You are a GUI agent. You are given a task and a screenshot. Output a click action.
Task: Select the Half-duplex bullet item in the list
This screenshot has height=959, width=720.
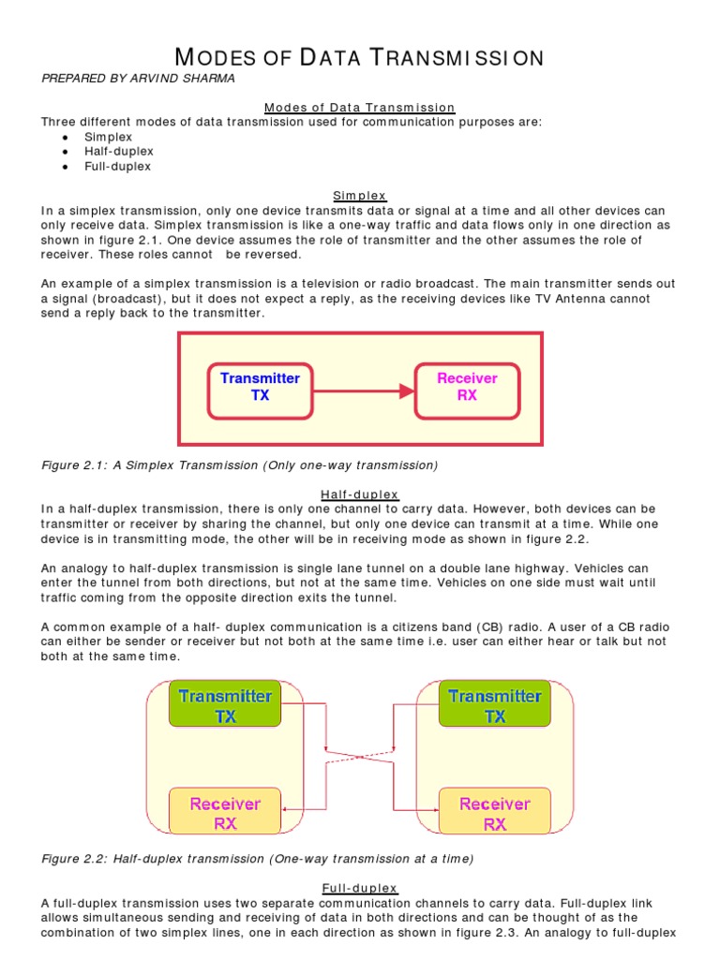118,151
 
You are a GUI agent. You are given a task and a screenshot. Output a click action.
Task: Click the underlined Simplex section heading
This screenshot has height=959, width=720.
360,195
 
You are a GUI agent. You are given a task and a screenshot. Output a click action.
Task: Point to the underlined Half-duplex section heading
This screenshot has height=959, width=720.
360,494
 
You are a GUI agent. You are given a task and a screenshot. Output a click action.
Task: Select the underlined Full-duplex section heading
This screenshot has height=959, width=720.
360,888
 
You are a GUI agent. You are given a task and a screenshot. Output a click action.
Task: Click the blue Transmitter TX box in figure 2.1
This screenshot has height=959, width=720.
260,387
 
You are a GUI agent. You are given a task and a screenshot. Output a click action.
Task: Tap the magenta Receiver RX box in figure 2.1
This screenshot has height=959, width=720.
467,387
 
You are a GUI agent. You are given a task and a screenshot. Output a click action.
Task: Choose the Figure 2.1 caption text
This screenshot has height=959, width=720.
240,465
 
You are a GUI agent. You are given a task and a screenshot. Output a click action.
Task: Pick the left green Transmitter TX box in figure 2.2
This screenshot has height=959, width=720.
225,705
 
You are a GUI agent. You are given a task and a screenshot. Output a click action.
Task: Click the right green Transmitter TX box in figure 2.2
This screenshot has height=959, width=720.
494,705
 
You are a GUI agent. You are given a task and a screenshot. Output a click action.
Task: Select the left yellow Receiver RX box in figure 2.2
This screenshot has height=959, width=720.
225,813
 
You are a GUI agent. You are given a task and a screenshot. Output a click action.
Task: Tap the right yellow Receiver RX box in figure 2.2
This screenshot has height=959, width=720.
494,813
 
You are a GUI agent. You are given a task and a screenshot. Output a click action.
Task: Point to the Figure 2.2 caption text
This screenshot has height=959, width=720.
258,858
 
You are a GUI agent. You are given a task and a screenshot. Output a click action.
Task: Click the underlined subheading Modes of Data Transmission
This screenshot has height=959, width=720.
360,108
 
